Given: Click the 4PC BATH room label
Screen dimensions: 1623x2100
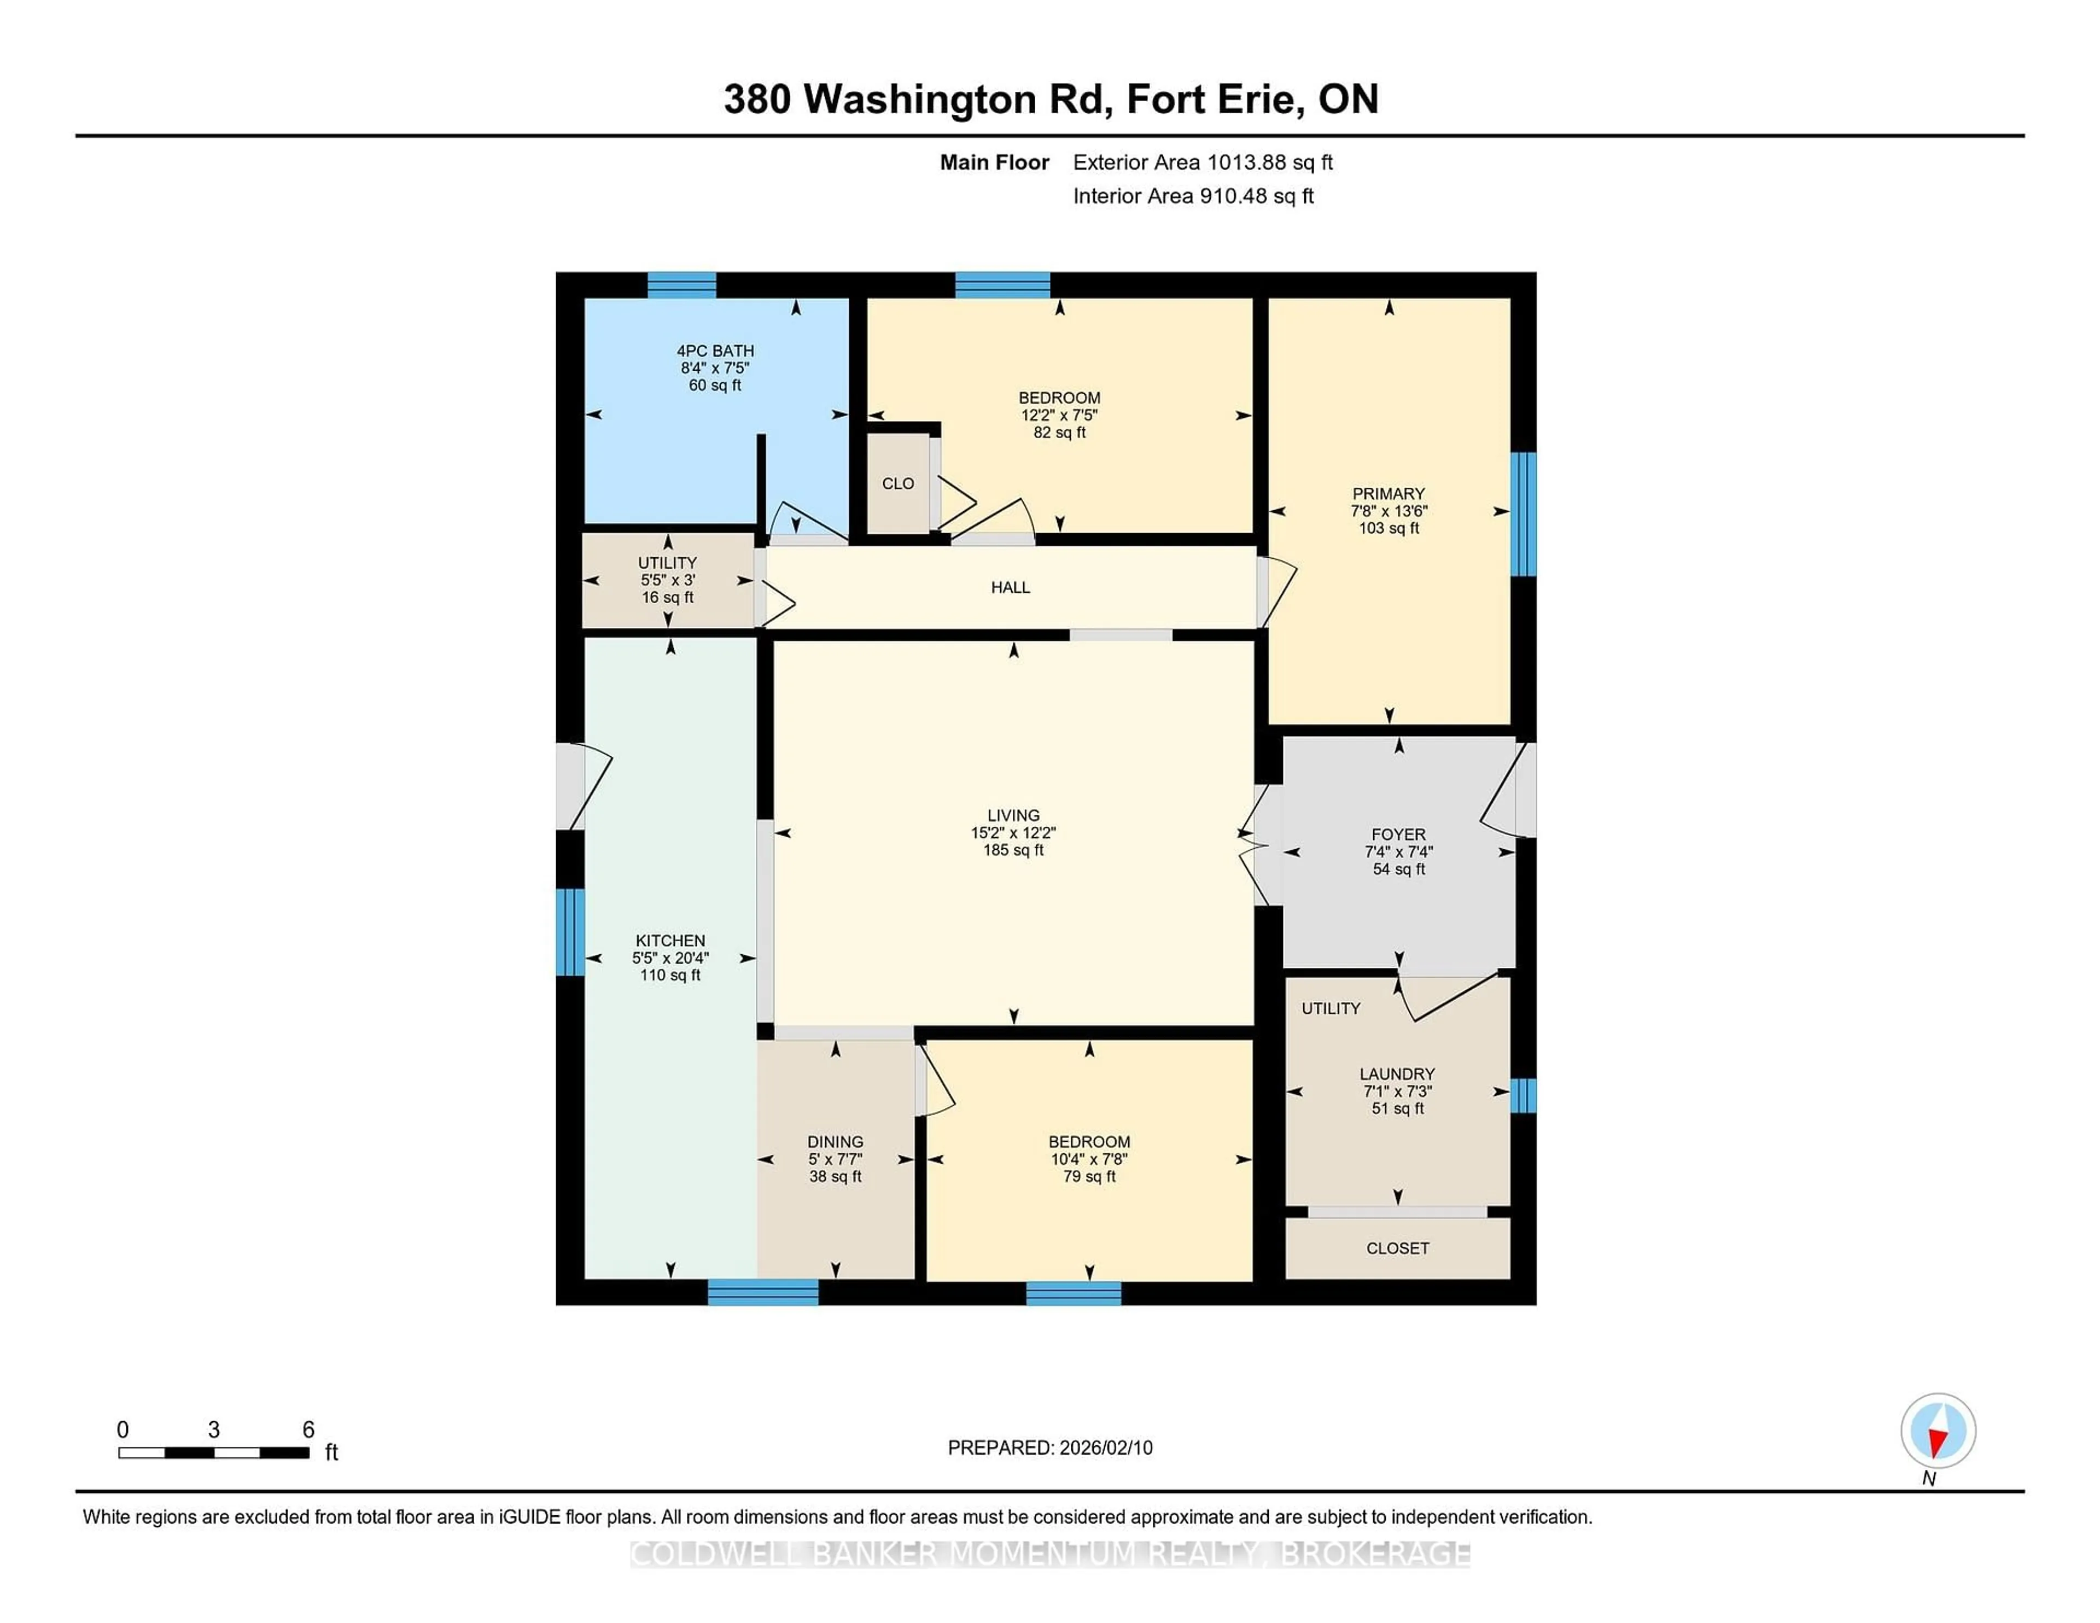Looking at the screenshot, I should pyautogui.click(x=714, y=351).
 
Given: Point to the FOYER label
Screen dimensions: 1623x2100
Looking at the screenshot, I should pyautogui.click(x=1397, y=834).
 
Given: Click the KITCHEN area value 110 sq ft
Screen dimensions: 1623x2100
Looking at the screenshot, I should pyautogui.click(x=670, y=975).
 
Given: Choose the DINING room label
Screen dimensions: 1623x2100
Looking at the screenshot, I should pyautogui.click(x=835, y=1142).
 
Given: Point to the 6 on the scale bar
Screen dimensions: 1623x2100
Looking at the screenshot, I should pyautogui.click(x=308, y=1430).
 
